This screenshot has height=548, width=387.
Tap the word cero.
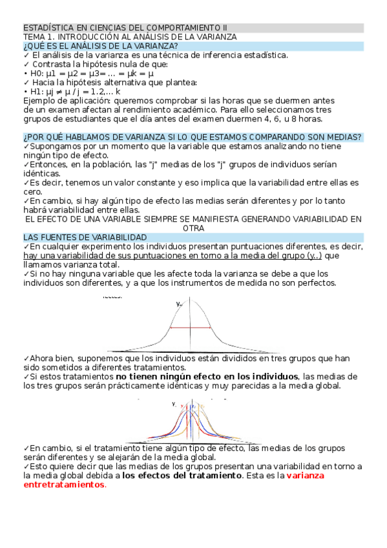[x=33, y=192]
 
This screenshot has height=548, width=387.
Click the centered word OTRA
[x=193, y=228]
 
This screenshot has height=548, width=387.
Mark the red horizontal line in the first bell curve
[x=191, y=329]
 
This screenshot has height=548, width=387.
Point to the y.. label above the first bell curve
[x=179, y=304]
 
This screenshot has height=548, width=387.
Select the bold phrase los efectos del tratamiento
[x=182, y=476]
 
